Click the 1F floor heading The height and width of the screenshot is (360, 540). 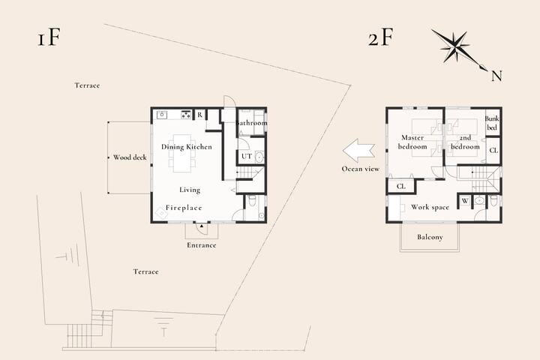49,37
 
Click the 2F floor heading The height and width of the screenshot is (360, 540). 380,37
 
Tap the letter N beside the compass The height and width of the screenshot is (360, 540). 496,76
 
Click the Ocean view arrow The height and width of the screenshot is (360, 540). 358,151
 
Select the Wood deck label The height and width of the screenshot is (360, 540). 130,157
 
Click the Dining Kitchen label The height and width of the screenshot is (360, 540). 187,147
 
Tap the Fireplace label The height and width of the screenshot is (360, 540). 184,208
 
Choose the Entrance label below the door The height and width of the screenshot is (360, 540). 202,245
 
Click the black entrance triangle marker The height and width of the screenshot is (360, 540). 202,226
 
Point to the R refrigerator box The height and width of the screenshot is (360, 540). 199,115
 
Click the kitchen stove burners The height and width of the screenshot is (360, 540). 186,114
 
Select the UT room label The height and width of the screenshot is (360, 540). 247,157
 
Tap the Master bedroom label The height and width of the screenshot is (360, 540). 412,142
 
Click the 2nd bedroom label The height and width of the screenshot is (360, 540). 465,142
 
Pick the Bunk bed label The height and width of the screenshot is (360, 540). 492,123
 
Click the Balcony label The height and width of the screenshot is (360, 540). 430,237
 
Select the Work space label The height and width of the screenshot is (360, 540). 430,207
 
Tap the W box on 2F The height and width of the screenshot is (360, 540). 465,201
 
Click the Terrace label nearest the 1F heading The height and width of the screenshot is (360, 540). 87,85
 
